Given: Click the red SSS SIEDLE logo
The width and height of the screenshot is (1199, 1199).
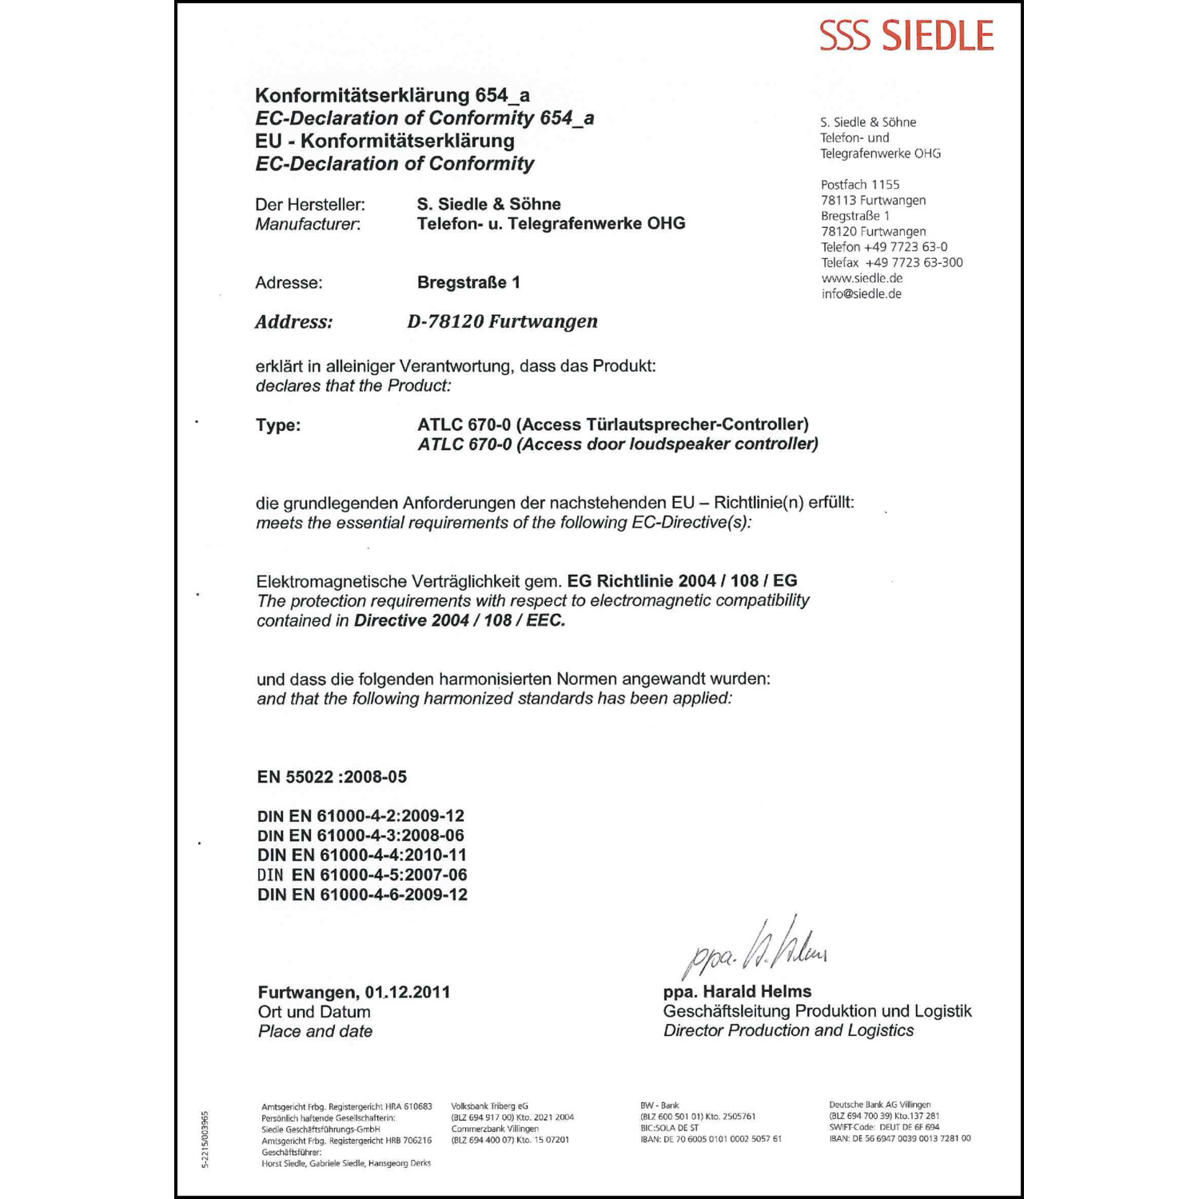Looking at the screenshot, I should (906, 36).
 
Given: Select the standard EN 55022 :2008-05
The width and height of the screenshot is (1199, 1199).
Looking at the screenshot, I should (332, 777).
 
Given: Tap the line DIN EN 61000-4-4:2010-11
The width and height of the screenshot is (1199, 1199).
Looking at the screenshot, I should (362, 855).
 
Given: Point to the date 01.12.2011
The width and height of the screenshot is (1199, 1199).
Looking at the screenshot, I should (408, 992).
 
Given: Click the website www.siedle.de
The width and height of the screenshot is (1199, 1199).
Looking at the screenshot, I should (862, 278).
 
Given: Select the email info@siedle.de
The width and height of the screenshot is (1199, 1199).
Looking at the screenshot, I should (861, 294).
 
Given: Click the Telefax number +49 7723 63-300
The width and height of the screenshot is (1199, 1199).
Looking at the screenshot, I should (914, 262).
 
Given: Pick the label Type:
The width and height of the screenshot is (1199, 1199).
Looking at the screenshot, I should (278, 425).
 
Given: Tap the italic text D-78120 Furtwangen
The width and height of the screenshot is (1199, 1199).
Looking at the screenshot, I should (502, 321).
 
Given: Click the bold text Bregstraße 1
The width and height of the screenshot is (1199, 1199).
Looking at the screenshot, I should (468, 282).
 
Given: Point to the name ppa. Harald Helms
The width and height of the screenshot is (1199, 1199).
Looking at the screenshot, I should (737, 991).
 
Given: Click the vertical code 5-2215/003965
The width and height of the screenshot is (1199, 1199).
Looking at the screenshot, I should (205, 1139).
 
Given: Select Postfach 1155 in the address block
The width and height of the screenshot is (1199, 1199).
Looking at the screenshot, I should (859, 185).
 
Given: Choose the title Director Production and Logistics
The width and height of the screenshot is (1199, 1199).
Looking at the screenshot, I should (788, 1030).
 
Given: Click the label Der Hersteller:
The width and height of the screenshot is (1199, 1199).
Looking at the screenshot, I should (310, 205).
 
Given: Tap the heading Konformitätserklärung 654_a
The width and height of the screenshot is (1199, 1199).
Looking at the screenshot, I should (392, 95).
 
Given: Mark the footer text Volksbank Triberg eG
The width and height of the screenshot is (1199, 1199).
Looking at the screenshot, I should (489, 1106).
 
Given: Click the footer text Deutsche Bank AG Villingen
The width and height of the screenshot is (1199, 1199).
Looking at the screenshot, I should (879, 1105).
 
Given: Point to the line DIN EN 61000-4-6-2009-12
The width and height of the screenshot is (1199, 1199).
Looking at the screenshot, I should (362, 894).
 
